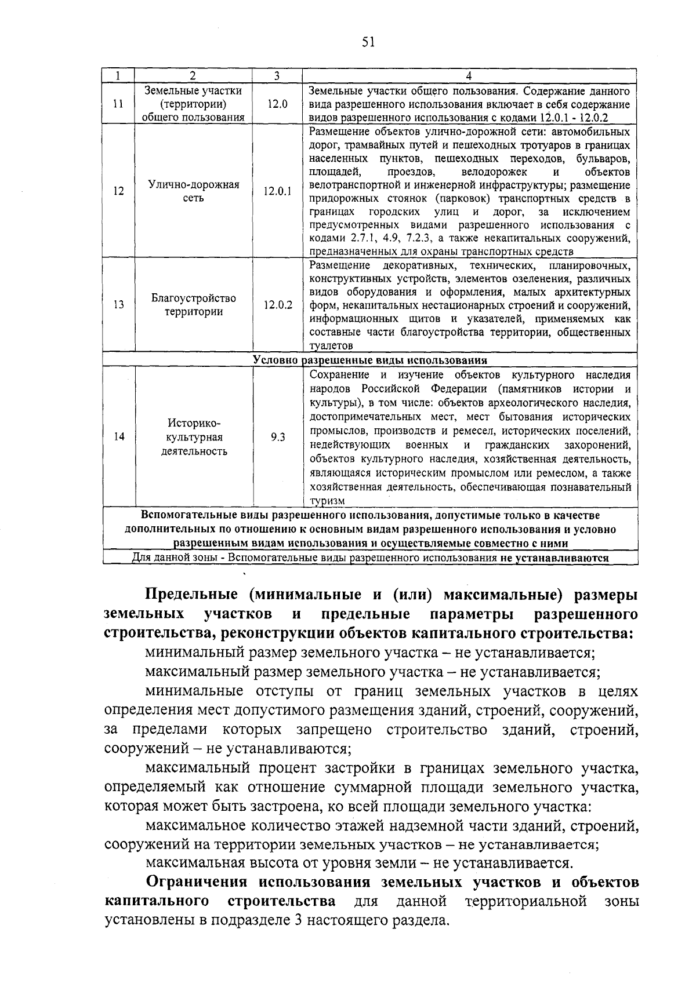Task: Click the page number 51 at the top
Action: tap(368, 42)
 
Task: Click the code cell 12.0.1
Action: tap(277, 191)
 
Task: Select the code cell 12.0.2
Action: tap(277, 305)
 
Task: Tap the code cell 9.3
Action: tap(277, 438)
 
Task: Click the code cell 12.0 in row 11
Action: tap(277, 104)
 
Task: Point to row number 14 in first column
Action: tap(118, 438)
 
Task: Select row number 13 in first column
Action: tap(118, 305)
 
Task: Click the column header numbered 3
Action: tap(277, 76)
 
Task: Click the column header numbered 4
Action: tap(469, 76)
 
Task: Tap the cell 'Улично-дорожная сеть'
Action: tap(194, 191)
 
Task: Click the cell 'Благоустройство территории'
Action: tap(194, 305)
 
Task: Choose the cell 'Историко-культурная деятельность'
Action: tap(194, 438)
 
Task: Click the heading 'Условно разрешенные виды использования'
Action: tap(370, 360)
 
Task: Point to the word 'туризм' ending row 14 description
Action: tap(327, 501)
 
